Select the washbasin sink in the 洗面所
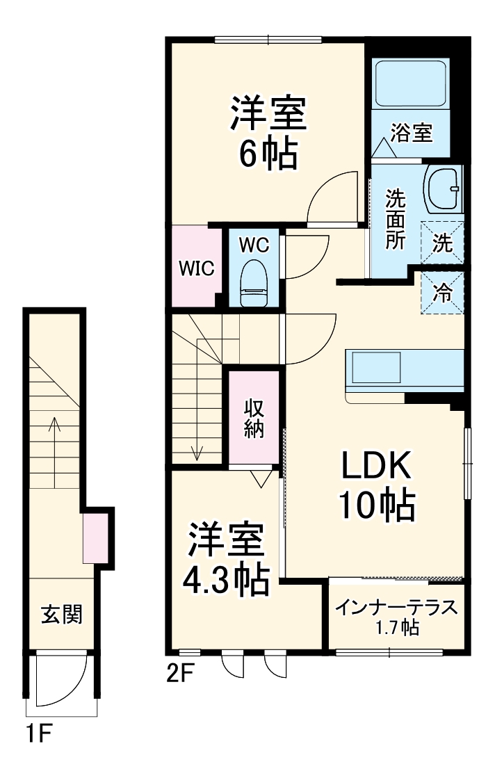point(443,188)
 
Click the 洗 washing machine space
point(442,243)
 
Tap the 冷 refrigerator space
point(441,293)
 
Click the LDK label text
point(376,466)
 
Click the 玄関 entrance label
point(62,615)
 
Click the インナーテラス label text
point(397,608)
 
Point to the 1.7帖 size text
point(397,628)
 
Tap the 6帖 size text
point(268,154)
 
